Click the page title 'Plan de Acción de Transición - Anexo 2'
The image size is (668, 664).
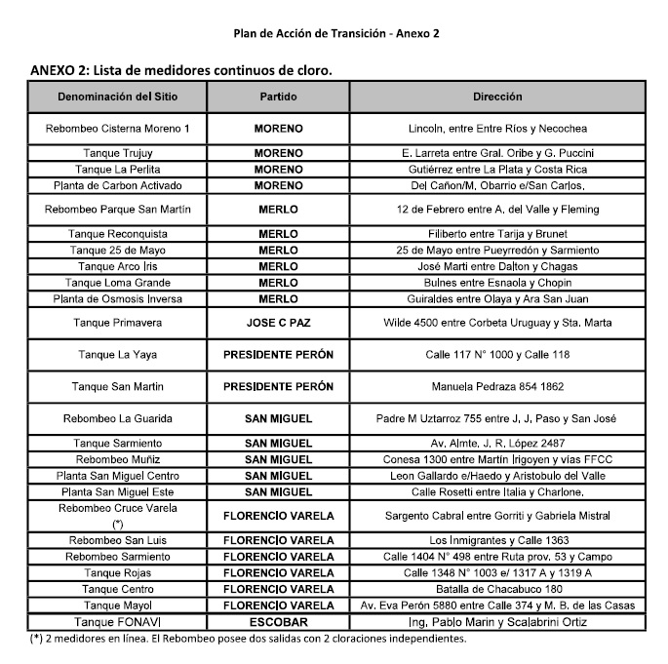coord(335,33)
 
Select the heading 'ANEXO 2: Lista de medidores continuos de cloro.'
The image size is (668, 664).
coord(181,70)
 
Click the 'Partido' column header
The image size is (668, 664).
coord(278,97)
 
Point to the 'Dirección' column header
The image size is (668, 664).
coord(497,97)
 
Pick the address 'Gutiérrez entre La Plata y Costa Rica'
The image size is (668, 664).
coord(497,169)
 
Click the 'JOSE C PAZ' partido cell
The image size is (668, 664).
coord(278,322)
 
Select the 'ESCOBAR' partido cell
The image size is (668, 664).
coord(278,621)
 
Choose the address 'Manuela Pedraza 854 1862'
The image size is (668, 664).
coord(497,387)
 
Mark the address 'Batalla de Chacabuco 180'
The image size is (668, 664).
coord(497,589)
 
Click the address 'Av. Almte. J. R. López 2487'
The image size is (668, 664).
coord(497,443)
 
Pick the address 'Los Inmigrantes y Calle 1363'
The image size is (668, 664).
coord(497,540)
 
